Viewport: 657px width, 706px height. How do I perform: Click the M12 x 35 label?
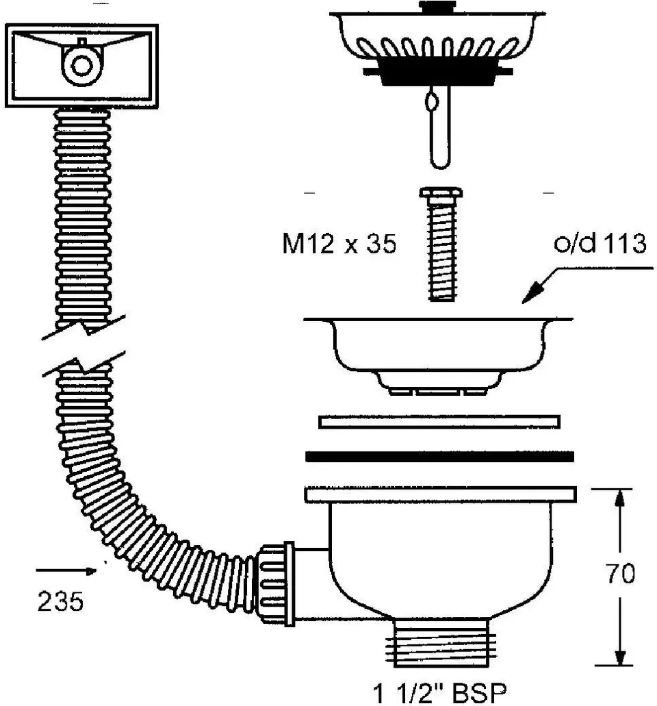[x=339, y=244]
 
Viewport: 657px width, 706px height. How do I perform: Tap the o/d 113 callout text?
[x=600, y=244]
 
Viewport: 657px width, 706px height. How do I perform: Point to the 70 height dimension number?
[x=620, y=573]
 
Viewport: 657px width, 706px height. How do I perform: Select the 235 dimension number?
[x=60, y=601]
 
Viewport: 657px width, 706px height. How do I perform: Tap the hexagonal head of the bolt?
[x=441, y=192]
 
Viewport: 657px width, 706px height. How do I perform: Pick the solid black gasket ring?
[x=439, y=457]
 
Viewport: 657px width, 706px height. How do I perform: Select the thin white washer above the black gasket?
[x=439, y=422]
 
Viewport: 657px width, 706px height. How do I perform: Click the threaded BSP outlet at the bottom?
[x=441, y=642]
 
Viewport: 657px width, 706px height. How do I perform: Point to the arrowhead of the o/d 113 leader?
[x=532, y=294]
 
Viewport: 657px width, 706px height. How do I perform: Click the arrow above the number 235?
[x=66, y=571]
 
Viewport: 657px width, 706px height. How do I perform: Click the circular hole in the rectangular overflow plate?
[x=81, y=65]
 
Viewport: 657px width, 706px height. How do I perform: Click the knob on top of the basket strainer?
[x=437, y=6]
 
